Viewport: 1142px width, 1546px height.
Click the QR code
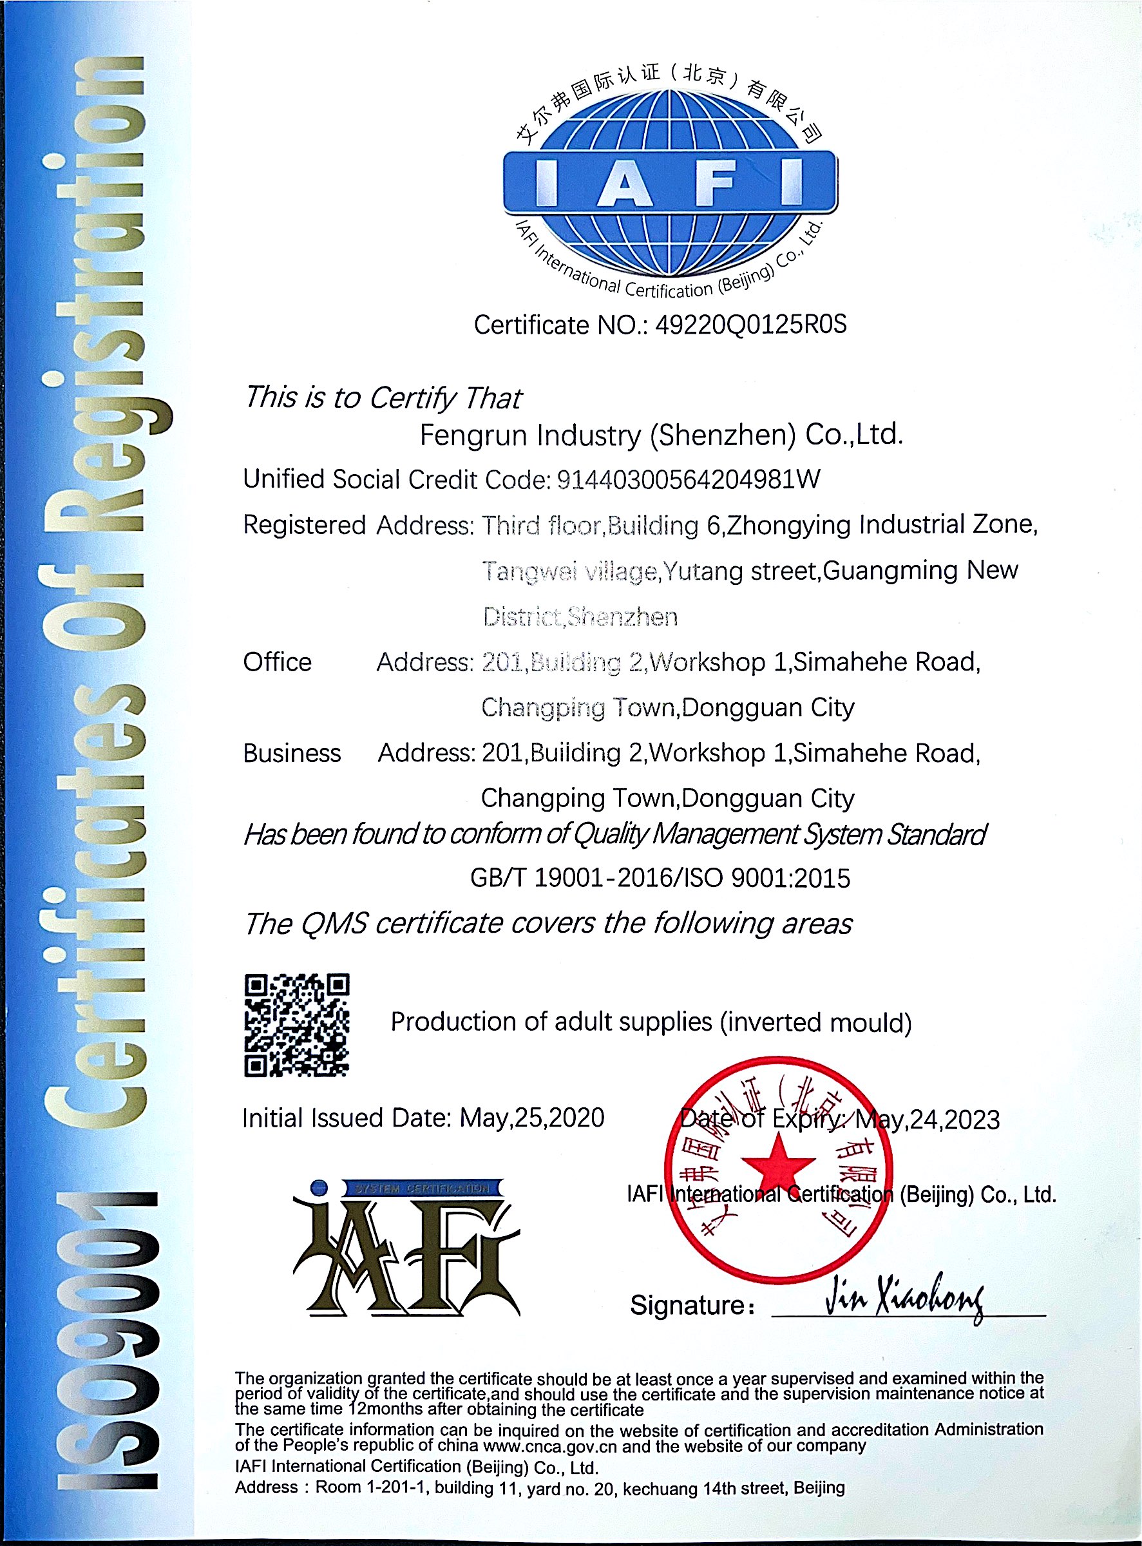pos(296,1025)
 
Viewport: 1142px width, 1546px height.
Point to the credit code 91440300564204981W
pos(689,479)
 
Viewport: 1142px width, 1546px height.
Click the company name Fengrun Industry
pos(661,435)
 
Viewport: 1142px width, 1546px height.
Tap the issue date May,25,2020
pos(531,1118)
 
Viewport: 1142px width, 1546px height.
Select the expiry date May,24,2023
pos(927,1120)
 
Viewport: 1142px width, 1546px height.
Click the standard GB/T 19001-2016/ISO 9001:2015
pos(660,878)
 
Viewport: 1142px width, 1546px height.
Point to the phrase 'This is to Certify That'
pos(383,397)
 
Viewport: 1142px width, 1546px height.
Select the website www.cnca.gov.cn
pos(550,1446)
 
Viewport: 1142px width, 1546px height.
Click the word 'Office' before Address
pos(277,662)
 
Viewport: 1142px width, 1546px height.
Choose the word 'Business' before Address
pos(292,753)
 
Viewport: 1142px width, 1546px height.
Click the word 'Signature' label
pos(687,1305)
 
